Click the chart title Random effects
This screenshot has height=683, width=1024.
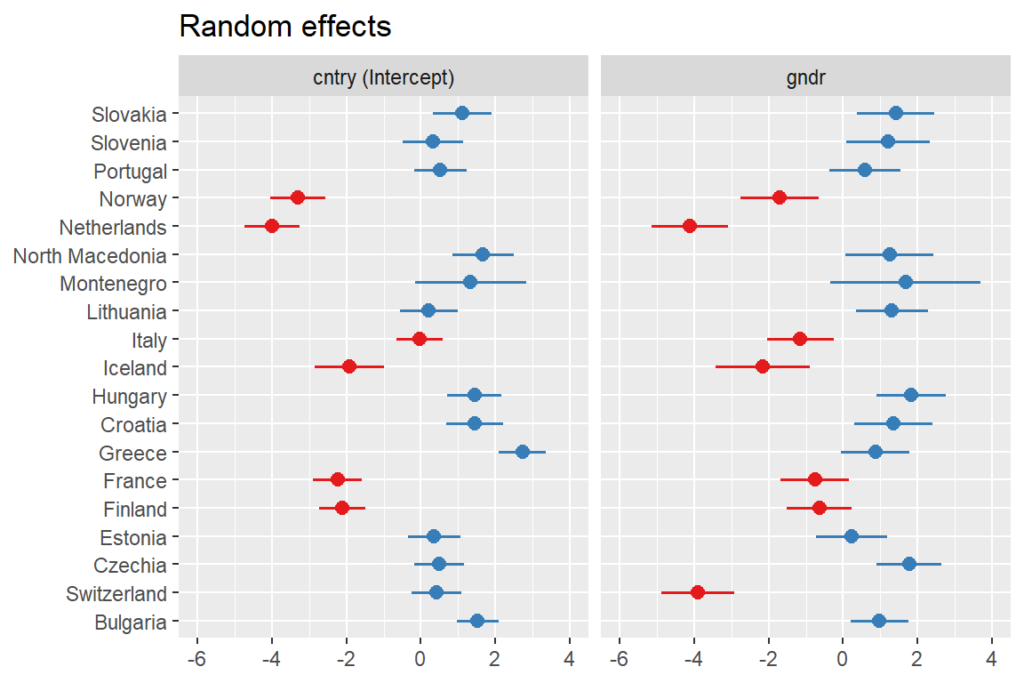point(285,27)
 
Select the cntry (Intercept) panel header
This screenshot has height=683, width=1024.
point(383,76)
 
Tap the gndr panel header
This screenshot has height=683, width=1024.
point(805,76)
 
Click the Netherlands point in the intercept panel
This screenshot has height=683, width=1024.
point(272,226)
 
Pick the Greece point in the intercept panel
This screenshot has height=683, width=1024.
point(522,452)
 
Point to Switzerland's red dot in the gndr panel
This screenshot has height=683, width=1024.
point(698,592)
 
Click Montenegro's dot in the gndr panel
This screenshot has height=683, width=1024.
point(906,282)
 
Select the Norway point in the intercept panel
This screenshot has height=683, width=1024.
point(298,197)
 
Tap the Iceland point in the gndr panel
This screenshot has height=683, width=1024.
point(762,366)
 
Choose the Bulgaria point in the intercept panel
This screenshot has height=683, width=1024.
point(477,621)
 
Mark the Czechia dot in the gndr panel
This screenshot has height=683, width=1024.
point(908,564)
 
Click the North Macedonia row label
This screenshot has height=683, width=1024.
point(90,256)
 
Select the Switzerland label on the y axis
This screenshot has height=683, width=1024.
point(116,594)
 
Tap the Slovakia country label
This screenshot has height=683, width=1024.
point(129,115)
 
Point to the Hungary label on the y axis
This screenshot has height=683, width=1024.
point(129,397)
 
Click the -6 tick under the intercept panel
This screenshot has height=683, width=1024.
point(197,659)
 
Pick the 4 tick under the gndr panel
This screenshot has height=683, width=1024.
point(991,659)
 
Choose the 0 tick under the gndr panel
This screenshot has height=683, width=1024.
point(843,659)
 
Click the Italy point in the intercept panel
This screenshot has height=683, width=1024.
point(420,339)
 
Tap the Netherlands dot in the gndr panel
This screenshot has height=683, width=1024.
point(690,226)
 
